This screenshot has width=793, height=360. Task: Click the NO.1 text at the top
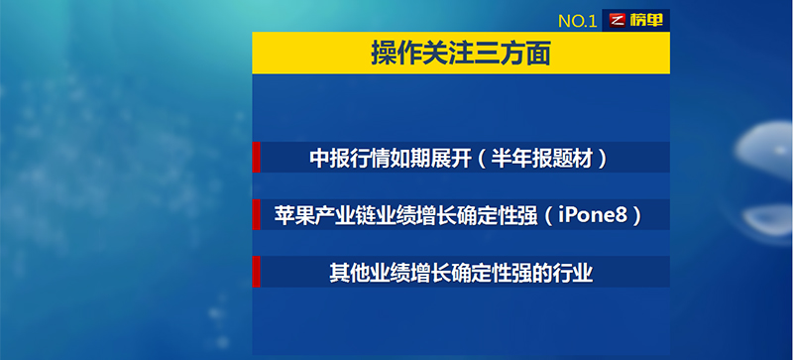pyautogui.click(x=577, y=20)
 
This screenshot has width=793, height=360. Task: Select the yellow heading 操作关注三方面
pyautogui.click(x=460, y=53)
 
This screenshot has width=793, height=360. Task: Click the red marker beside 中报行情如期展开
pyautogui.click(x=256, y=158)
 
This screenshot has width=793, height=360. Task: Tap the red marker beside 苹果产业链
pyautogui.click(x=256, y=214)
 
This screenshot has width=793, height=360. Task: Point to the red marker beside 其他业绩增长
pyautogui.click(x=256, y=271)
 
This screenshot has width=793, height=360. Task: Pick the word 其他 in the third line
pyautogui.click(x=347, y=272)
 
